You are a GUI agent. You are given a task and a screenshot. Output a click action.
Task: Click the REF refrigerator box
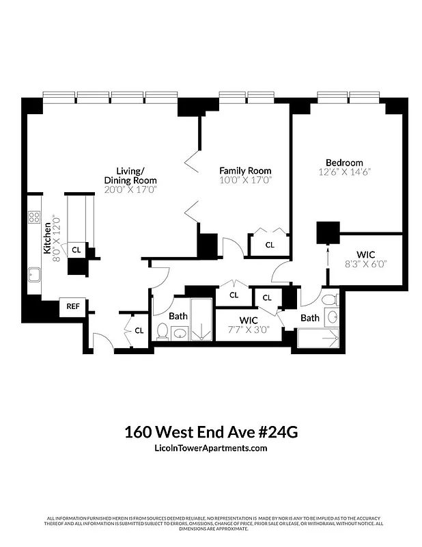pyautogui.click(x=72, y=307)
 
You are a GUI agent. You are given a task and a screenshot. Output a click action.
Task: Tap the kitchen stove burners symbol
pyautogui.click(x=34, y=218)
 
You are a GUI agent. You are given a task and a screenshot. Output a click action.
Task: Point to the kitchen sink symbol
pyautogui.click(x=34, y=276)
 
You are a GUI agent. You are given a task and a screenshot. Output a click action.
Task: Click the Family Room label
pyautogui.click(x=245, y=170)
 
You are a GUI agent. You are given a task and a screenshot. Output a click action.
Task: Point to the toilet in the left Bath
pyautogui.click(x=163, y=332)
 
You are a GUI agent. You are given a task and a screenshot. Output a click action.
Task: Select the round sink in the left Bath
pyautogui.click(x=180, y=334)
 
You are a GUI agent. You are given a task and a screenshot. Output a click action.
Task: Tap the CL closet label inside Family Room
pyautogui.click(x=270, y=245)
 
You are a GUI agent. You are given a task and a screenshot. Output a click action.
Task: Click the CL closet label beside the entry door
pyautogui.click(x=139, y=330)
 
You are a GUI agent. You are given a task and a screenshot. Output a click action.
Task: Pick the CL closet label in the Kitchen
pyautogui.click(x=76, y=250)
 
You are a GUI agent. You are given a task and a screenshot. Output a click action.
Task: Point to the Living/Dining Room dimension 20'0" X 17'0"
pyautogui.click(x=130, y=189)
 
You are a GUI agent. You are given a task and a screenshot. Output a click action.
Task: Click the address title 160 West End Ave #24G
pyautogui.click(x=211, y=432)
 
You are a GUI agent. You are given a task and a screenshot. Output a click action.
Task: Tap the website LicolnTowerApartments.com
pyautogui.click(x=211, y=449)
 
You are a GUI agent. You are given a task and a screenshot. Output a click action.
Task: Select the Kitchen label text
pyautogui.click(x=47, y=239)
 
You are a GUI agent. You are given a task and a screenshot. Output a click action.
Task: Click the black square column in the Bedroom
pyautogui.click(x=328, y=232)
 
